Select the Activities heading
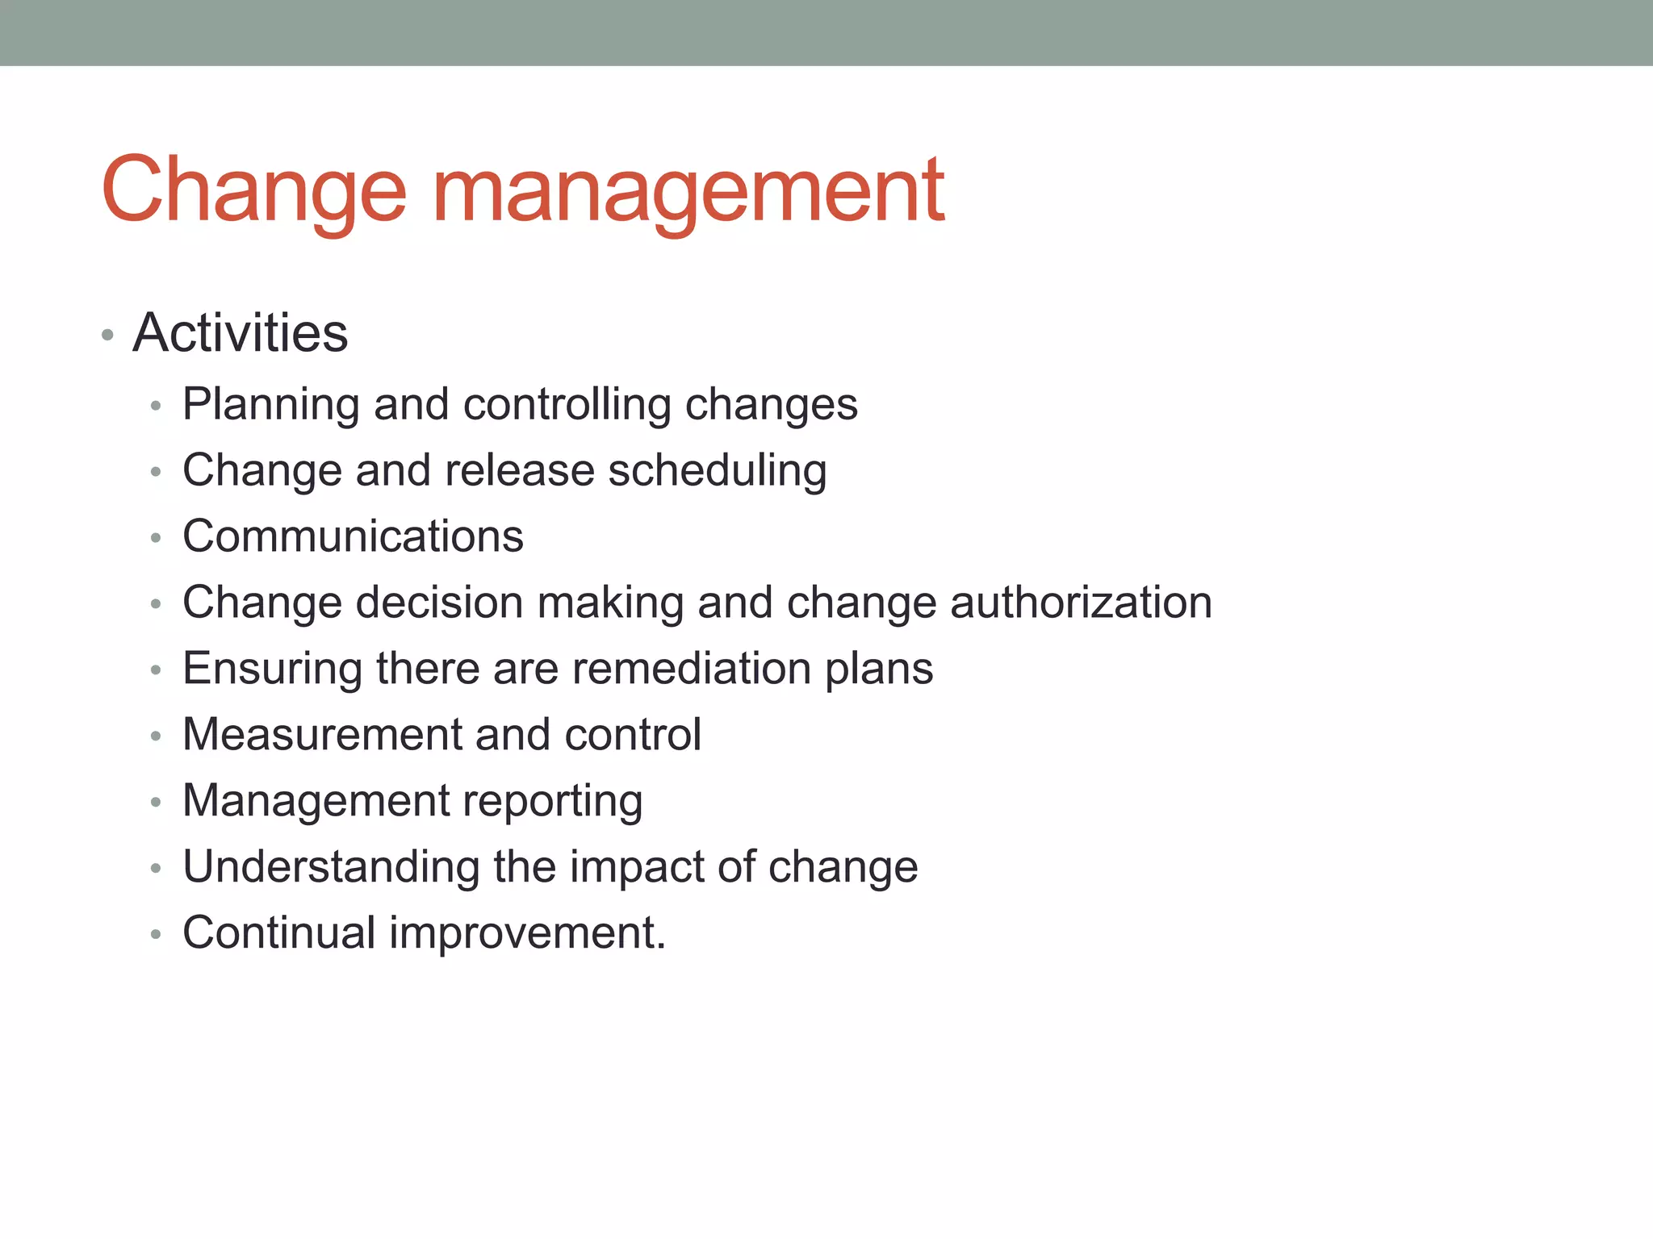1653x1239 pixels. click(x=241, y=332)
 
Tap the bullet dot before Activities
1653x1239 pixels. click(x=107, y=335)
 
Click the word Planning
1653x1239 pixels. click(x=270, y=405)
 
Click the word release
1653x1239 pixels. click(x=519, y=470)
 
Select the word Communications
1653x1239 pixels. click(x=353, y=536)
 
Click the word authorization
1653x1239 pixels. click(x=1081, y=603)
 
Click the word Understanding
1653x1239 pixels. click(x=331, y=867)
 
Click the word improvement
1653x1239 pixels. click(x=527, y=933)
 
